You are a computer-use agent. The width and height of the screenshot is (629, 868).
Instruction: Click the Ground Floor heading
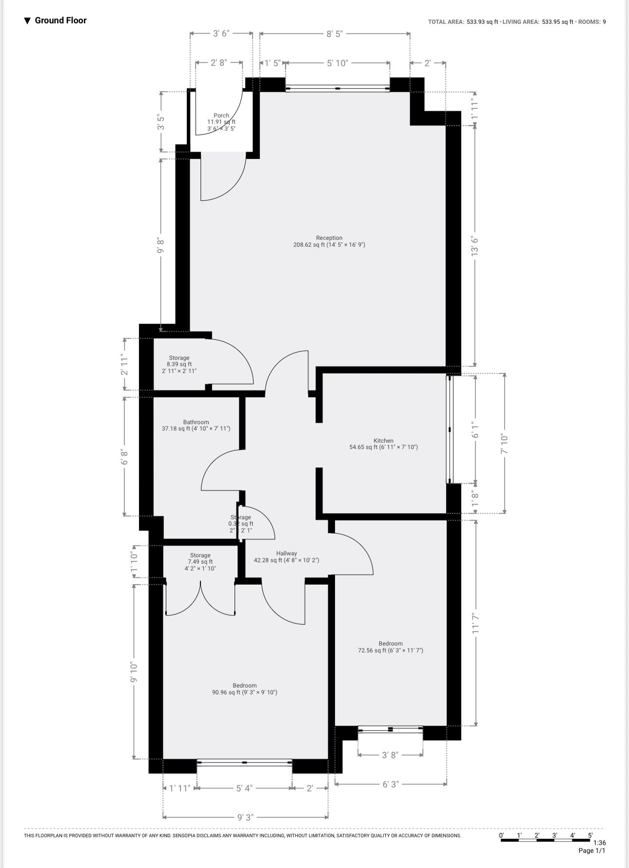(60, 20)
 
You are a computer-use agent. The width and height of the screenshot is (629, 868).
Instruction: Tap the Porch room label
(221, 116)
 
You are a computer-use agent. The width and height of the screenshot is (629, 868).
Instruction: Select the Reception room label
(329, 238)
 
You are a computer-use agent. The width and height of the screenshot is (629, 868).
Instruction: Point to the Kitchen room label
(383, 441)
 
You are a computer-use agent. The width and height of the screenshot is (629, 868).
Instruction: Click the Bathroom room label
(196, 422)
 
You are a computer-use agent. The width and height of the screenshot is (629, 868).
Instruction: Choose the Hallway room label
(286, 553)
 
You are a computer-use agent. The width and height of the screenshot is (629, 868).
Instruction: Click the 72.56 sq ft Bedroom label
(391, 644)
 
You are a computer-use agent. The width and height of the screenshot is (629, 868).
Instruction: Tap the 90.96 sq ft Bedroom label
(244, 686)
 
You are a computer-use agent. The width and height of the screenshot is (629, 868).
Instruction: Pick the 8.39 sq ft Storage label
(179, 358)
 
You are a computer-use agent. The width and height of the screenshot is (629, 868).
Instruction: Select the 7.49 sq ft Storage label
(200, 555)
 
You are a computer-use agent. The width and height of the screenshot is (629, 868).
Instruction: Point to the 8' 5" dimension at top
(334, 34)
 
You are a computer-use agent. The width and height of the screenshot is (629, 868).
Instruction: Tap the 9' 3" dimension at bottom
(245, 817)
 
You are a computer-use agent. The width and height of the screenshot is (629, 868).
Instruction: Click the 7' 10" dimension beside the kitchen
(505, 444)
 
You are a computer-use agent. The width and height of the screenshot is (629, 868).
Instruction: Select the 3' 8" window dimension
(390, 755)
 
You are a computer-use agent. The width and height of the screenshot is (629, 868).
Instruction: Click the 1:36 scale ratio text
(599, 843)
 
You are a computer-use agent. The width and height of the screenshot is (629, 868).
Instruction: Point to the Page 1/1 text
(591, 851)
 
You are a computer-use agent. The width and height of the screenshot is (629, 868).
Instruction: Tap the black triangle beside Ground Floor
(27, 20)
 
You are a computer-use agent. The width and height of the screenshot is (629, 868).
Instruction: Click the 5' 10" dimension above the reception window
(337, 63)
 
